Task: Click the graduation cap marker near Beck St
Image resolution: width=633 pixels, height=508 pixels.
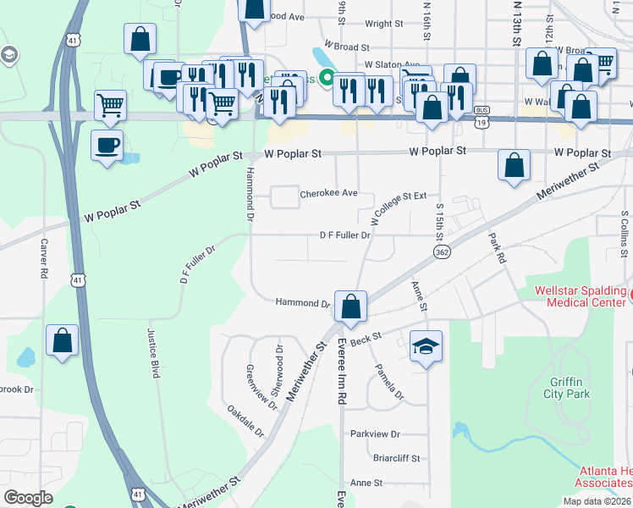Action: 426,346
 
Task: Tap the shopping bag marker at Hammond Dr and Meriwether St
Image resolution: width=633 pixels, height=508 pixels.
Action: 350,306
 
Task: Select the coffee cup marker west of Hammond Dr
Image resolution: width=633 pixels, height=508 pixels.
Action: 107,145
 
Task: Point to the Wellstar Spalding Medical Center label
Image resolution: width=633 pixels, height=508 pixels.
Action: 581,296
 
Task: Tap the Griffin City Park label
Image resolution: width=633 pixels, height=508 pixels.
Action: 567,387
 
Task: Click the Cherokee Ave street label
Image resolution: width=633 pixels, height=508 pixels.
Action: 328,193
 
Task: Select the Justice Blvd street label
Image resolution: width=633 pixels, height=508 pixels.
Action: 155,353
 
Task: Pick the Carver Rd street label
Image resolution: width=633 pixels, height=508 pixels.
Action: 43,258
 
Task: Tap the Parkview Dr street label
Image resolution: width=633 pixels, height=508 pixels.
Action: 375,433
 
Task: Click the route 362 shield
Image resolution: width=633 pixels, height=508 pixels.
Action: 441,252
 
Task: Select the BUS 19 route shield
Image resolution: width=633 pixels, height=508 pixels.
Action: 482,116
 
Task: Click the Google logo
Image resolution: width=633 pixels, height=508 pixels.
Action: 29,497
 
